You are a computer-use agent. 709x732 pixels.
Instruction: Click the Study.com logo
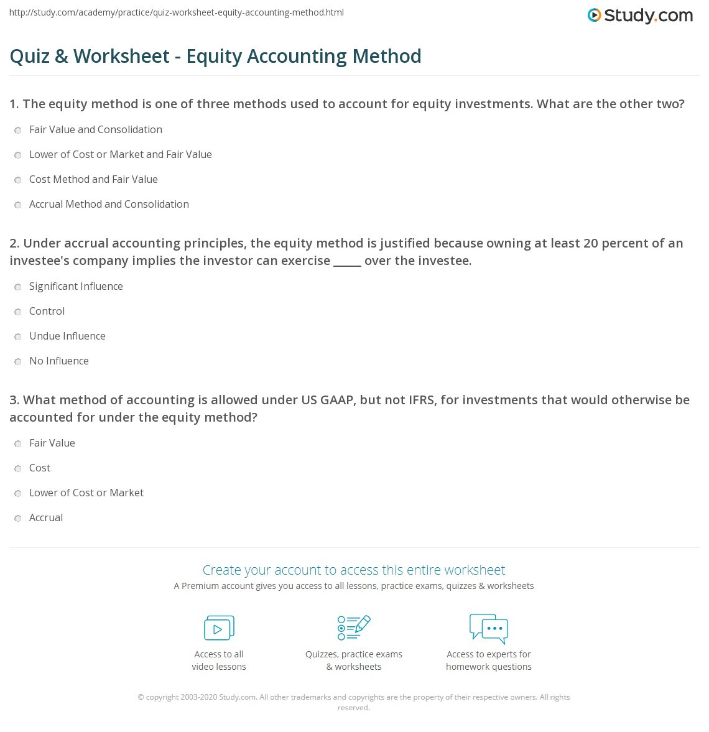click(640, 16)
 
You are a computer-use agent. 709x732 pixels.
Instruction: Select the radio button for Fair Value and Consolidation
click(18, 130)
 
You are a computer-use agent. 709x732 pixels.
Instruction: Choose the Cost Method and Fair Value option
click(93, 179)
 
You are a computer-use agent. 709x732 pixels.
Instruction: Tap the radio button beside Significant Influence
click(18, 287)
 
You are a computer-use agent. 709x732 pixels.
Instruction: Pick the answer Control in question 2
click(47, 311)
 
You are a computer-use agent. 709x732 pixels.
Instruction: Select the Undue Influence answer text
click(67, 336)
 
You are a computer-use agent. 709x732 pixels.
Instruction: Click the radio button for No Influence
click(18, 361)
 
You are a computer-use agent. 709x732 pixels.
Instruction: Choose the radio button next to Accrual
click(18, 518)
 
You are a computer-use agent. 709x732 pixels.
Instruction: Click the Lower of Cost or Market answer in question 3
click(86, 493)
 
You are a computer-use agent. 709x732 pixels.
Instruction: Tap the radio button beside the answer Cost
click(18, 468)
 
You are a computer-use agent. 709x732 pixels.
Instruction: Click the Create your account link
click(353, 570)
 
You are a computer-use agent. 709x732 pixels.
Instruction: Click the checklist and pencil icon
click(354, 628)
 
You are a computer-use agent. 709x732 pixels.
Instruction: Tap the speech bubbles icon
click(489, 628)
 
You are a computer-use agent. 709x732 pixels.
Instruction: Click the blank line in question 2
click(347, 262)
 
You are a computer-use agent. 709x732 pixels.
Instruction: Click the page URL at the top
click(177, 12)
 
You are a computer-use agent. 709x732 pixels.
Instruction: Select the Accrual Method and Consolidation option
click(109, 204)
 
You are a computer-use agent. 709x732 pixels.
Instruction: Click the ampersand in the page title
click(61, 57)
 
